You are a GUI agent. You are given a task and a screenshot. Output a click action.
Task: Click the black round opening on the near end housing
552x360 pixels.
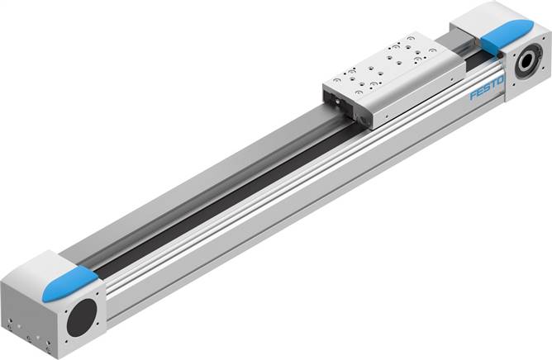[82, 317]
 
